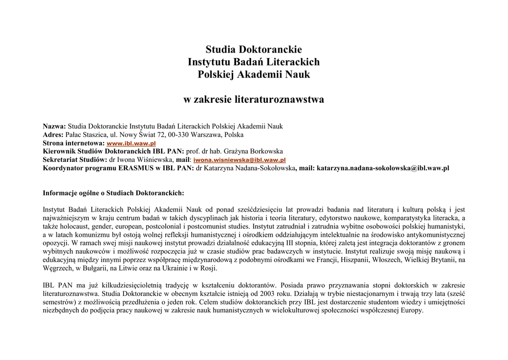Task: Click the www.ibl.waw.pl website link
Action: click(131, 143)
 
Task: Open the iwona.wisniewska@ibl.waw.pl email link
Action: click(239, 160)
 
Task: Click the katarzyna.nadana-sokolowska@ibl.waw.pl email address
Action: click(382, 168)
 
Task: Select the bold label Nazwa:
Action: click(54, 126)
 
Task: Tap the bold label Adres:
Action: click(53, 135)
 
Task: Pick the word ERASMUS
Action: click(133, 168)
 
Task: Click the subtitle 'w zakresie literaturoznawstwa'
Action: click(254, 100)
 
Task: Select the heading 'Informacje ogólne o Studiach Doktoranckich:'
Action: click(114, 193)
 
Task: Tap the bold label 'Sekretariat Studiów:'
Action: click(75, 159)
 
